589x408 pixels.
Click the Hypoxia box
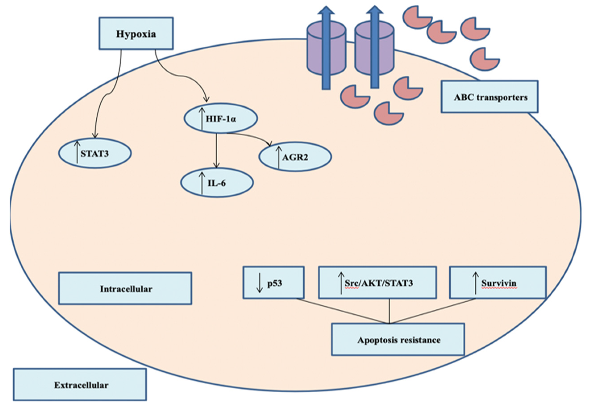(x=136, y=33)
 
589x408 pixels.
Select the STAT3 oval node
(x=95, y=153)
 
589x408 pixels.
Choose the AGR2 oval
(x=295, y=157)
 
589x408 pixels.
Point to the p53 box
(x=273, y=283)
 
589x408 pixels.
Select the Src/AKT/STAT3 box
(x=377, y=283)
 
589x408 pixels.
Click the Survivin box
(x=498, y=283)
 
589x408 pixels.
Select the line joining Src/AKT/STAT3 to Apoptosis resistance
(x=389, y=311)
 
